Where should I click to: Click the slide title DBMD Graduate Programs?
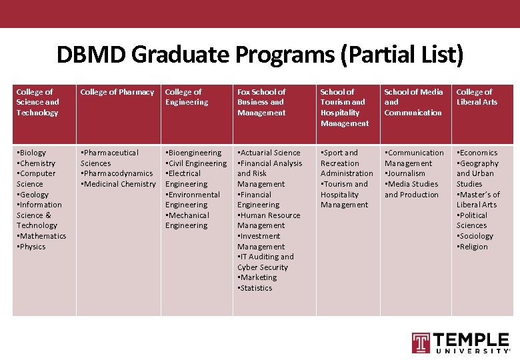(x=259, y=55)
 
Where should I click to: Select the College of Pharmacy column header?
(x=117, y=92)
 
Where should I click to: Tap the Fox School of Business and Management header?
(x=261, y=102)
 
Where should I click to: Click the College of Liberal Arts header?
(x=476, y=97)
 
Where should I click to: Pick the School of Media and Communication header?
(x=413, y=102)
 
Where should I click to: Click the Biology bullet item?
(x=32, y=153)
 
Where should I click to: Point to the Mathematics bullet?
(x=41, y=236)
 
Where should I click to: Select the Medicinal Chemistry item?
(x=118, y=184)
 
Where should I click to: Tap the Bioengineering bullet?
(x=194, y=153)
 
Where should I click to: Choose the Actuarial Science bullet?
(x=269, y=153)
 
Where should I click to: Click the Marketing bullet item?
(x=257, y=277)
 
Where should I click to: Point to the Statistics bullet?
(x=255, y=288)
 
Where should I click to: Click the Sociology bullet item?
(x=475, y=236)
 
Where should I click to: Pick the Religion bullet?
(x=473, y=247)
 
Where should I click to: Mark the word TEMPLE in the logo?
(x=471, y=340)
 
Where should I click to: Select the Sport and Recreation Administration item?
(x=346, y=163)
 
